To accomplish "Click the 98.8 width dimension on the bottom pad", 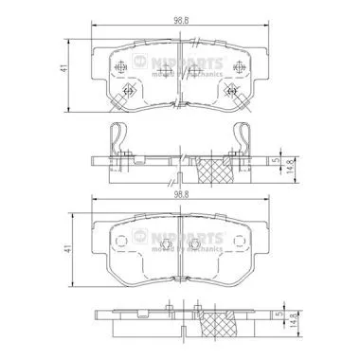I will [x=179, y=194].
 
